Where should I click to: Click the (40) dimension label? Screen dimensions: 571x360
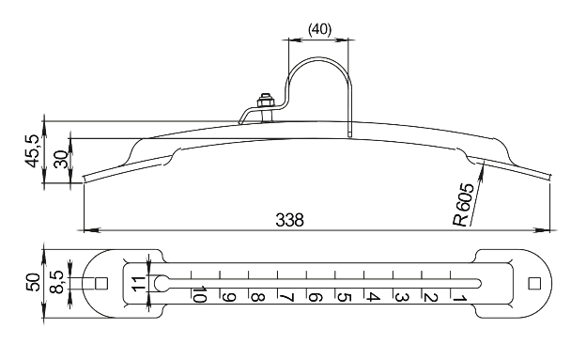(319, 29)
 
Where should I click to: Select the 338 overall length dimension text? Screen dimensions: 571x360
(289, 220)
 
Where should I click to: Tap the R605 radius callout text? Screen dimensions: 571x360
(464, 204)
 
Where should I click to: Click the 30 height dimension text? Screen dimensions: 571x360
(61, 159)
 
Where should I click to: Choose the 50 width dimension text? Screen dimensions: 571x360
(33, 282)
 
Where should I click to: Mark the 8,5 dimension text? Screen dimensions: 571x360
(57, 282)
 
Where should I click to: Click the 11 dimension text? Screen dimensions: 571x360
(139, 284)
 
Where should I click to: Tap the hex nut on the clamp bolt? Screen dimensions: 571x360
(266, 101)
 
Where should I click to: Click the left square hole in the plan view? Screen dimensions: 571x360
(101, 284)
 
